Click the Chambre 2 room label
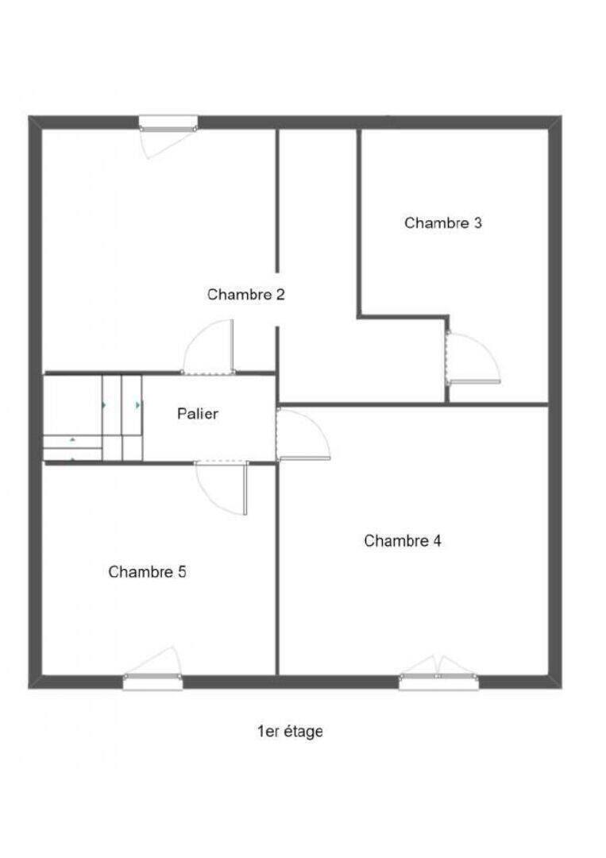[x=246, y=295]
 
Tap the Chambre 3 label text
[x=443, y=222]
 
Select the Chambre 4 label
[x=403, y=541]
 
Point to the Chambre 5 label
[x=147, y=572]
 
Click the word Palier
[x=198, y=414]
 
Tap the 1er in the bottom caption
[x=268, y=731]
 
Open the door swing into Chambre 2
[x=209, y=347]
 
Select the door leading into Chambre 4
[x=303, y=435]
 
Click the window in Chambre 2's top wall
[x=168, y=124]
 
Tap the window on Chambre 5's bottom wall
[x=152, y=682]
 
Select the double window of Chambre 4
[x=438, y=682]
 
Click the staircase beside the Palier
[x=93, y=418]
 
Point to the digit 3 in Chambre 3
[x=477, y=222]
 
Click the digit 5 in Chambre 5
[x=182, y=572]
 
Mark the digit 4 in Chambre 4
[x=437, y=541]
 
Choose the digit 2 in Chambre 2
[x=280, y=295]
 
